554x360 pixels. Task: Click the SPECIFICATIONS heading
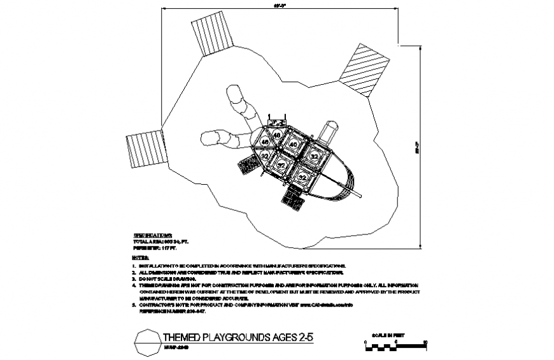[152, 236]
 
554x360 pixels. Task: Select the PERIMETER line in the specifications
[156, 249]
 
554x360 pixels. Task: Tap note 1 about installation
[242, 264]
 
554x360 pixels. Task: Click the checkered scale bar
[395, 348]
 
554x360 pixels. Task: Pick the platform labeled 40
[293, 145]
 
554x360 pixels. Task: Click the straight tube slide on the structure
[329, 131]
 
